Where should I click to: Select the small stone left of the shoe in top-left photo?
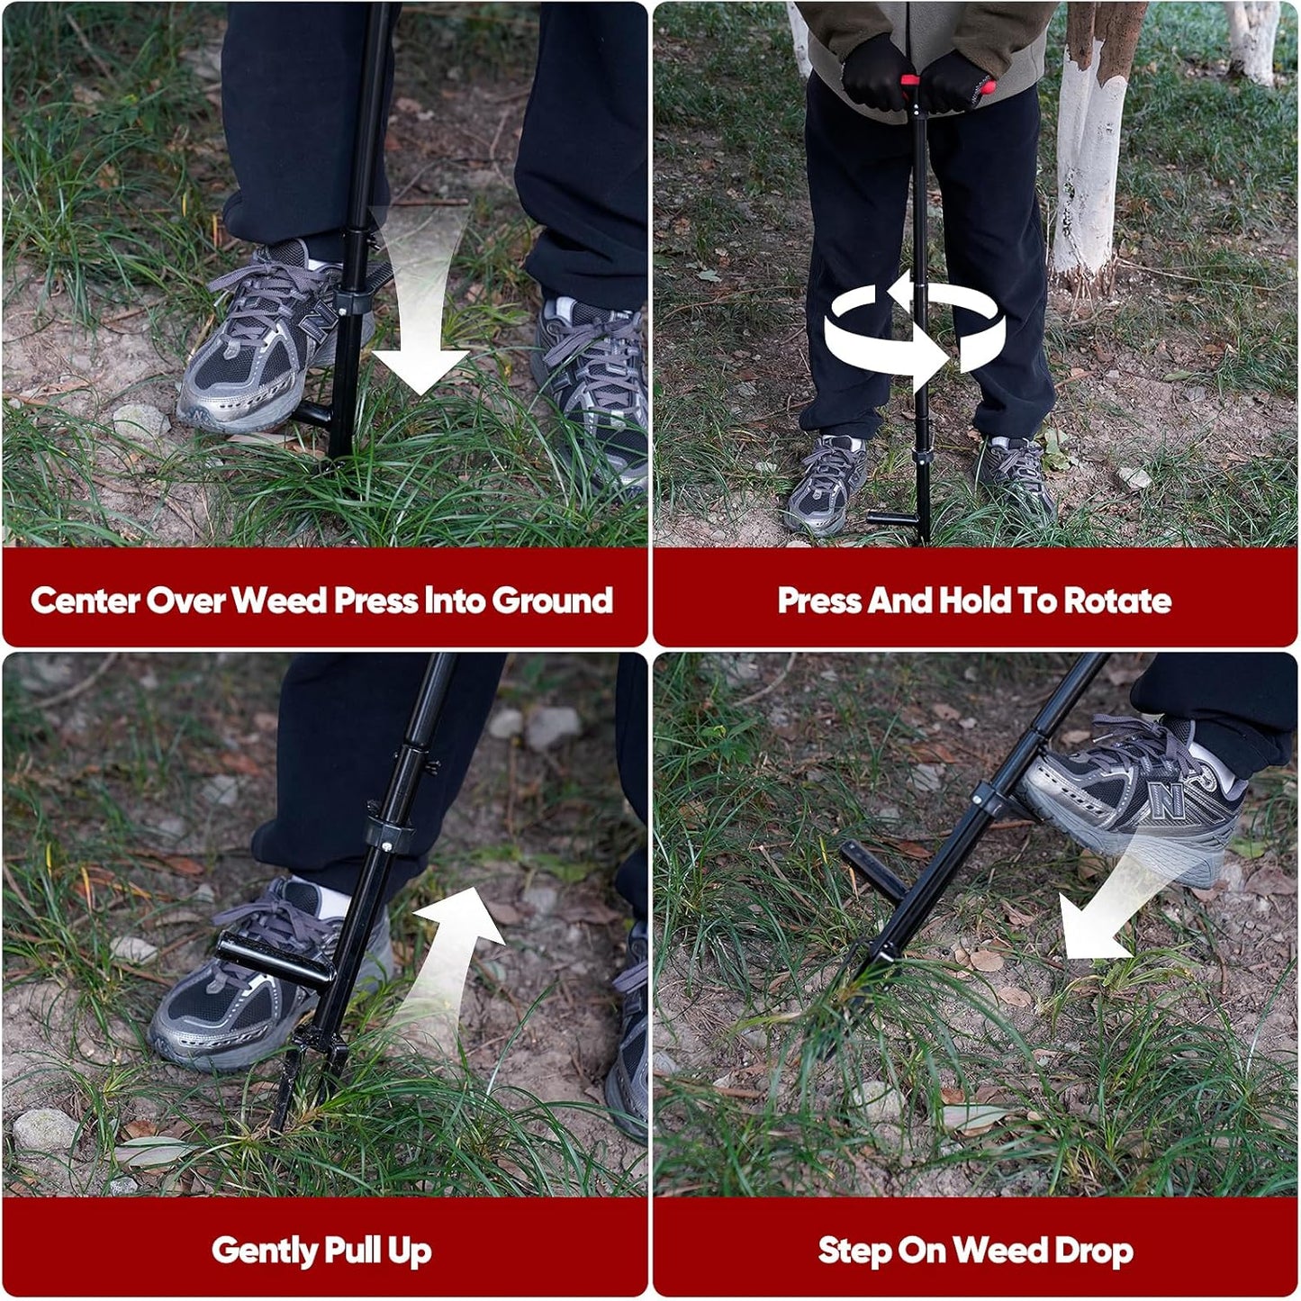tap(140, 420)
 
